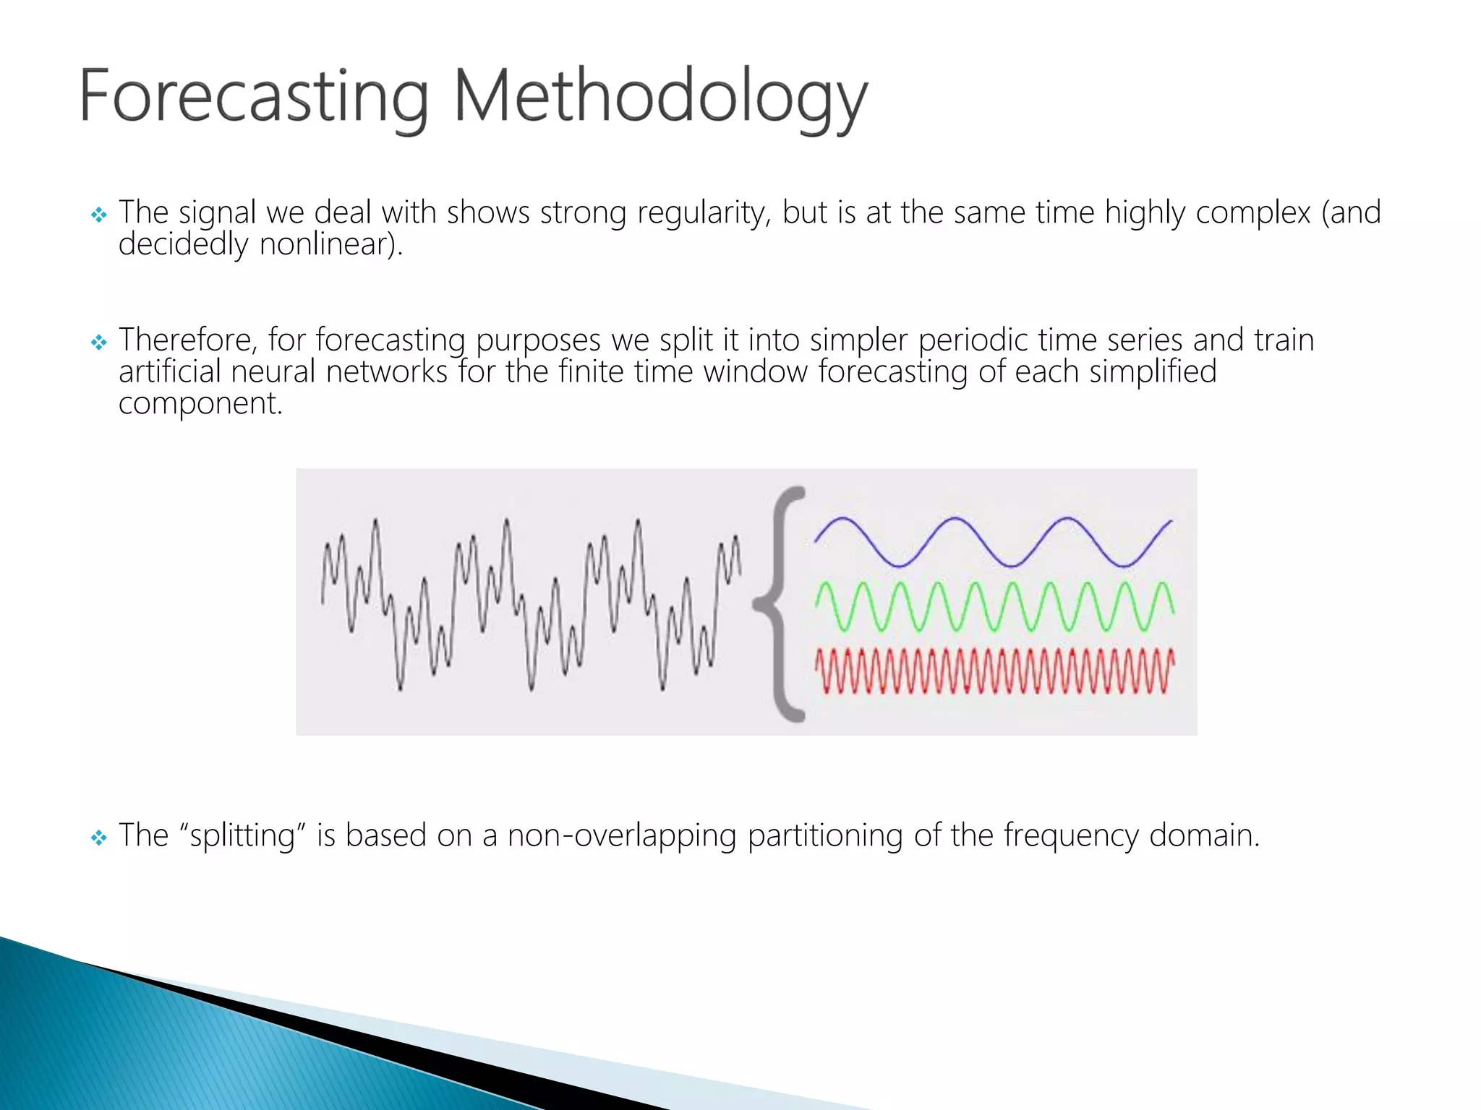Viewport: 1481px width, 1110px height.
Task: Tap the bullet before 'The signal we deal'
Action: coord(99,215)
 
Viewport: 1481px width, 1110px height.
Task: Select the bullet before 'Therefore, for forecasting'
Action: coord(99,342)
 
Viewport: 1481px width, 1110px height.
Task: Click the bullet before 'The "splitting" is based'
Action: coord(99,838)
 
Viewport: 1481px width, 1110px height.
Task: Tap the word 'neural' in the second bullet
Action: coord(273,372)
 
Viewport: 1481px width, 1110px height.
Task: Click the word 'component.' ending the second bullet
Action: coord(200,404)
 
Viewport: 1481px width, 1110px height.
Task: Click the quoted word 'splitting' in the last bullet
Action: coord(243,836)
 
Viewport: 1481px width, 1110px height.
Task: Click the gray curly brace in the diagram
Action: coord(780,603)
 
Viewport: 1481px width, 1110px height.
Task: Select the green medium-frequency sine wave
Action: coord(994,606)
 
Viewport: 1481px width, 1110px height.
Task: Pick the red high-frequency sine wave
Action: coord(994,671)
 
